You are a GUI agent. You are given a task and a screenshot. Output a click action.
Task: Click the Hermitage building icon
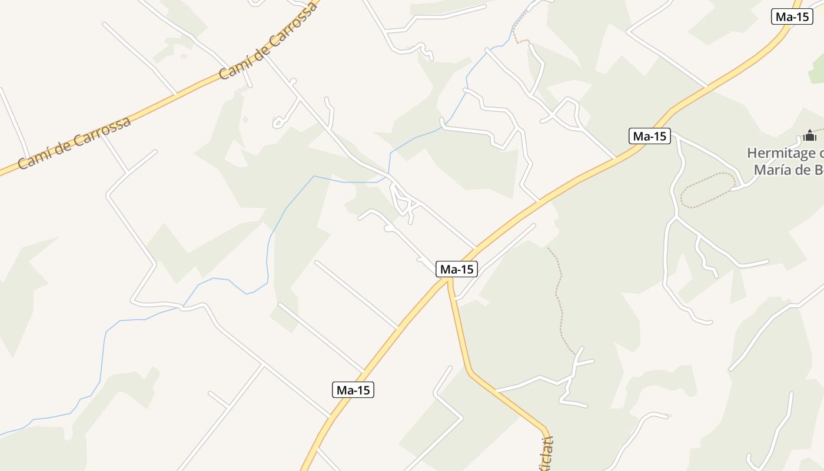click(x=810, y=136)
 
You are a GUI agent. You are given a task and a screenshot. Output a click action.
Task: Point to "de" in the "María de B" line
click(x=801, y=170)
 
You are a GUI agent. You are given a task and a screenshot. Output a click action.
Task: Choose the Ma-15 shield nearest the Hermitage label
click(x=649, y=136)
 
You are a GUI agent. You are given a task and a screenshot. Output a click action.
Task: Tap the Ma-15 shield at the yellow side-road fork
click(x=457, y=269)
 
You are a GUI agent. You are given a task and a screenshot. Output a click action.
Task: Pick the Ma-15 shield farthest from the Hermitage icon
click(x=353, y=389)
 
